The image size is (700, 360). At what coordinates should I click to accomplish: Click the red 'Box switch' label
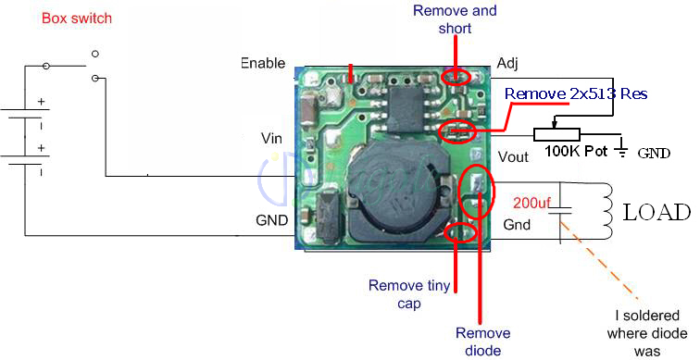click(76, 19)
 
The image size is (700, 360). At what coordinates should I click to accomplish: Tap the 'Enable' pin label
click(263, 63)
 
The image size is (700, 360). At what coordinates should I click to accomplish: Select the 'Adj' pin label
click(507, 63)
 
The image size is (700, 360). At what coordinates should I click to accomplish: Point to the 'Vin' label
click(271, 138)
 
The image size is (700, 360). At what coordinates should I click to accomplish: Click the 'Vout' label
click(513, 156)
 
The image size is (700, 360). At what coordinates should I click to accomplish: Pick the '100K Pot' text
click(576, 151)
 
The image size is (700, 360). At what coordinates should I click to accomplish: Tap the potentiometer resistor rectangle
click(556, 134)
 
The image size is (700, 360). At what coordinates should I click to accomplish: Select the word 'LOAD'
click(656, 212)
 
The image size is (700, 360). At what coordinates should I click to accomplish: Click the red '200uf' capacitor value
click(531, 203)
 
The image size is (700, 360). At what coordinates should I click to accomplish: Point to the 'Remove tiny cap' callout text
click(409, 294)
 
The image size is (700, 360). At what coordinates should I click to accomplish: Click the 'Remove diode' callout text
click(483, 341)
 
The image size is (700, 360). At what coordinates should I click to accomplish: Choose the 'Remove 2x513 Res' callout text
click(576, 93)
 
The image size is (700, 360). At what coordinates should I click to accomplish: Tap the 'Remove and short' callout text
click(455, 19)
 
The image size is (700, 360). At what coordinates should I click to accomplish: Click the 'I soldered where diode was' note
click(647, 333)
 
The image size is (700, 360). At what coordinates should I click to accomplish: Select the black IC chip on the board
click(406, 110)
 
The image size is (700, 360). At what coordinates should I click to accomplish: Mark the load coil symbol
click(606, 210)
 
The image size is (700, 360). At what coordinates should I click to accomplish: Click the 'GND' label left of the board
click(271, 220)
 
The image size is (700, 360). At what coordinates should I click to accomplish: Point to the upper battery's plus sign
click(41, 102)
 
